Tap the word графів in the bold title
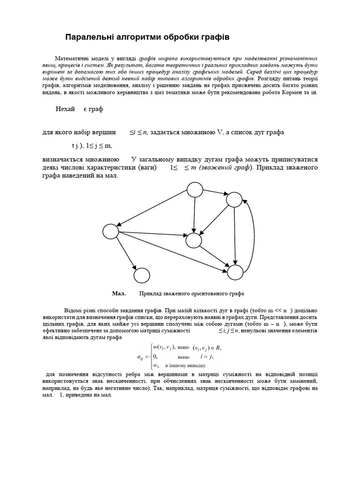click(213, 37)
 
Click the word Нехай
click(65, 109)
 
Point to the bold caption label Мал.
click(119, 294)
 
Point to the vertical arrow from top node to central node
click(195, 214)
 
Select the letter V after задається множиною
click(219, 132)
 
